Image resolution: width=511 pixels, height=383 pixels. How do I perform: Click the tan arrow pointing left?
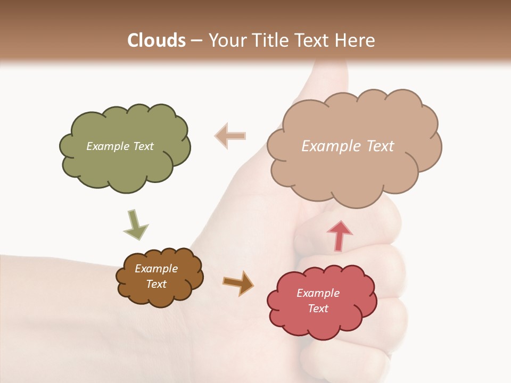click(x=230, y=136)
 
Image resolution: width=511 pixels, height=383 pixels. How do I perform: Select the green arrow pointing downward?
click(x=135, y=224)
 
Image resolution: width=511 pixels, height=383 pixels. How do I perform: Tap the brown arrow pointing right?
click(x=238, y=283)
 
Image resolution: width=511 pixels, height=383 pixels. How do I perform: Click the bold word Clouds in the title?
click(x=156, y=40)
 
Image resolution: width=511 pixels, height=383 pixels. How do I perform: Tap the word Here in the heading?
click(x=357, y=40)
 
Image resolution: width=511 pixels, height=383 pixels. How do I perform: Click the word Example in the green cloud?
click(x=106, y=146)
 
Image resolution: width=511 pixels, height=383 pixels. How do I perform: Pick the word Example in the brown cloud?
click(x=156, y=269)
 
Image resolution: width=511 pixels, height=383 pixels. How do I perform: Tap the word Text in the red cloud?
click(x=318, y=309)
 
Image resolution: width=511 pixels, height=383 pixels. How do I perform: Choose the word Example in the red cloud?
click(x=318, y=293)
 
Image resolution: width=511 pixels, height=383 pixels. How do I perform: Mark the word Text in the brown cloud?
click(x=156, y=284)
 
